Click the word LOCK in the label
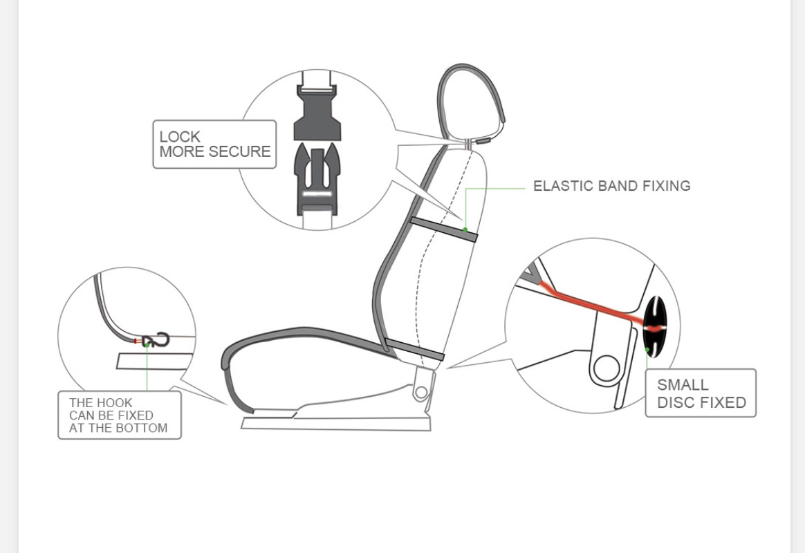pyautogui.click(x=180, y=137)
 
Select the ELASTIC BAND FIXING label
pyautogui.click(x=611, y=186)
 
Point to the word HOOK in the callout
pyautogui.click(x=114, y=402)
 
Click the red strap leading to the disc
pyautogui.click(x=595, y=306)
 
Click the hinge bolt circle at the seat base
pyautogui.click(x=421, y=393)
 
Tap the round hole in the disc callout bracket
pyautogui.click(x=606, y=368)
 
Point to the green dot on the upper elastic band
pyautogui.click(x=465, y=229)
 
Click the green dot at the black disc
pyautogui.click(x=647, y=350)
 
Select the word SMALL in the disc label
pyautogui.click(x=683, y=385)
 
